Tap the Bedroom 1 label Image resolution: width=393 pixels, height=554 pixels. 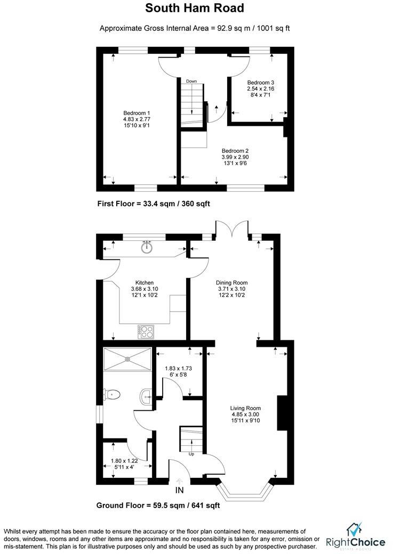coord(137,113)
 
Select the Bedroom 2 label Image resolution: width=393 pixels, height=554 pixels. coord(235,150)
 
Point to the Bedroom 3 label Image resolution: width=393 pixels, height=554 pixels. coord(260,83)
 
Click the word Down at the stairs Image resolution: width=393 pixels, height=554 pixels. coord(191,81)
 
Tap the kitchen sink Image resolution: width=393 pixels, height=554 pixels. coord(147,247)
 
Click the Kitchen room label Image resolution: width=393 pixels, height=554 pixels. coord(144,282)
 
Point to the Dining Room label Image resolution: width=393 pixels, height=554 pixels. coord(231,282)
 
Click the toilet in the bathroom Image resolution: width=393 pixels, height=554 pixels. coord(113,395)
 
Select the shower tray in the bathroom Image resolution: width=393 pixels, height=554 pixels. coord(127,358)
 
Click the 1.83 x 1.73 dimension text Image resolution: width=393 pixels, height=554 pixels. coord(179,368)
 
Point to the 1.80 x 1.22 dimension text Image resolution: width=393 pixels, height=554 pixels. coord(124,461)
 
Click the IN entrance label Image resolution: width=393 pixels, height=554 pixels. coord(179,490)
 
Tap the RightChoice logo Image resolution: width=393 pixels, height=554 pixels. coord(355,536)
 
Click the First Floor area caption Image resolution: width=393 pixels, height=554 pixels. coord(157,203)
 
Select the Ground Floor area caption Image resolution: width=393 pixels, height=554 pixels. coord(158,506)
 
